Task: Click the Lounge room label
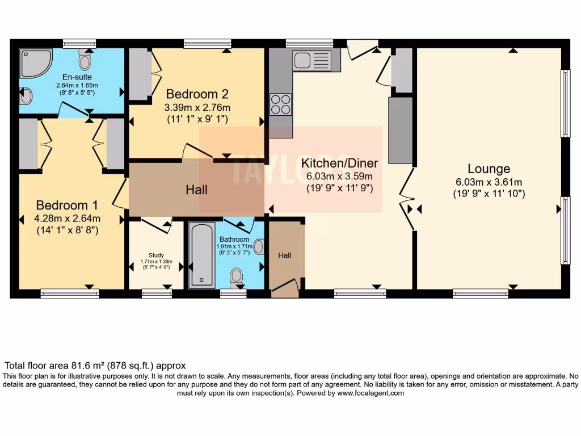[489, 169]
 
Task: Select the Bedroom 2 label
[197, 94]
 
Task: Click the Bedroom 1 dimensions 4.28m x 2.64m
[68, 219]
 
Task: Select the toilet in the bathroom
[237, 277]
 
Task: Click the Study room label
[156, 255]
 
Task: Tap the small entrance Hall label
[285, 255]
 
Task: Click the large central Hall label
[196, 190]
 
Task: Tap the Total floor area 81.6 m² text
[95, 366]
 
